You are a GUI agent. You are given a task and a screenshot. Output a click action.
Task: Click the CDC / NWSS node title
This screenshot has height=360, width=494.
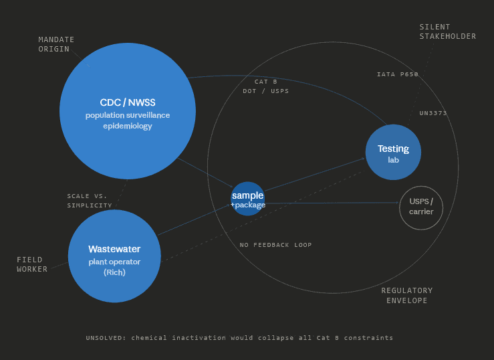click(127, 102)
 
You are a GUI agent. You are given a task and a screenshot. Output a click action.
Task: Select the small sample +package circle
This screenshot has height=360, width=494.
click(248, 199)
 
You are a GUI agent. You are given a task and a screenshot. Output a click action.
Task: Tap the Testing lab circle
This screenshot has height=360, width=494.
click(393, 153)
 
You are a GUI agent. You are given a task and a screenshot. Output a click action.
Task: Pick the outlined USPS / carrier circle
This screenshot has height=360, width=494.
click(421, 207)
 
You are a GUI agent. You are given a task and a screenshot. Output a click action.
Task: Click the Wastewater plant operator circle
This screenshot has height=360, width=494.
click(114, 256)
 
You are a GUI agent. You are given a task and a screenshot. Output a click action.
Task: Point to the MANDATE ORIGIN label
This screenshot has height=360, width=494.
click(56, 44)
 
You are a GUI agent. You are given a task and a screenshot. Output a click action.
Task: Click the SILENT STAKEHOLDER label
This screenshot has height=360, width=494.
click(447, 31)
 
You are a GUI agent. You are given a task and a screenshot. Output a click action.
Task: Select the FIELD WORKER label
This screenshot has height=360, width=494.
click(32, 264)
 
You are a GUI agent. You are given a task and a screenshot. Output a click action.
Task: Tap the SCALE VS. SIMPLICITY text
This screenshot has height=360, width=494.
click(90, 201)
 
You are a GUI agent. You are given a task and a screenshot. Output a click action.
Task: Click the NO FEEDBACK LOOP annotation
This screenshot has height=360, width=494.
click(275, 245)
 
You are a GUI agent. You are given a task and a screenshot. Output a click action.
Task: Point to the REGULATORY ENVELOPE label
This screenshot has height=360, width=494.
click(406, 295)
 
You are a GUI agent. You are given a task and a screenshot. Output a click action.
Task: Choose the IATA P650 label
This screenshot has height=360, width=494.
click(397, 74)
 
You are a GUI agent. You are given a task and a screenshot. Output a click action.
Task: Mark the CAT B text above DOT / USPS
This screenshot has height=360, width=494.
click(265, 82)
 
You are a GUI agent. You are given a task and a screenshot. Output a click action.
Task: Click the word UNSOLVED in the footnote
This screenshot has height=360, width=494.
click(106, 338)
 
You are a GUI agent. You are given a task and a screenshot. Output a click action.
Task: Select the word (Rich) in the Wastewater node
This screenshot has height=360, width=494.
click(114, 272)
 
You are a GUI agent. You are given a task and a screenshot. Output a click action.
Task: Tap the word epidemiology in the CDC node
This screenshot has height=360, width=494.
click(127, 126)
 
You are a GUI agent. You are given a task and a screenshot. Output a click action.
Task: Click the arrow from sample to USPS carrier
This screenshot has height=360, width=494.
click(334, 203)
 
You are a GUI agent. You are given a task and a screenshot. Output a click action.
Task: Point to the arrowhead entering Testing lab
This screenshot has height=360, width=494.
click(363, 159)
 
